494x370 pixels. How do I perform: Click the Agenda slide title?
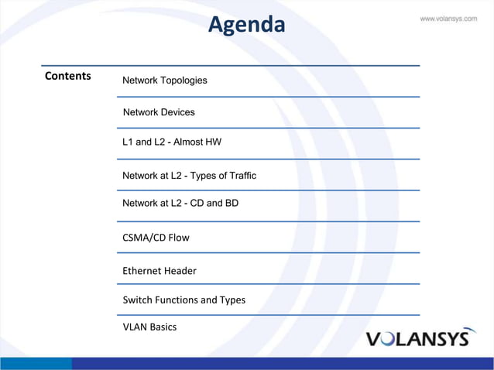click(246, 26)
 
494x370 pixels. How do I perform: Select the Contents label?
click(68, 76)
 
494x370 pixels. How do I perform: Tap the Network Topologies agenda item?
click(165, 81)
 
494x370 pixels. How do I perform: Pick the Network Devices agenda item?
click(159, 112)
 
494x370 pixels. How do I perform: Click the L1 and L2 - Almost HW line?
click(172, 142)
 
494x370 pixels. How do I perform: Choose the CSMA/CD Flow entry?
click(156, 238)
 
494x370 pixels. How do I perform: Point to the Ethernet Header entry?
click(160, 271)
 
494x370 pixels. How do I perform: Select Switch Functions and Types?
click(184, 300)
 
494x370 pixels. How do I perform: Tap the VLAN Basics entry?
click(149, 327)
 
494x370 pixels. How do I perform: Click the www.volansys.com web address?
click(448, 19)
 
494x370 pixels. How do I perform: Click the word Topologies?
click(183, 81)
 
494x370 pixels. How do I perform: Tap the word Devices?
click(177, 112)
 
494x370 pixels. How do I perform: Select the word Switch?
click(136, 300)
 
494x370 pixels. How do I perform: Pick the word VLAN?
click(135, 327)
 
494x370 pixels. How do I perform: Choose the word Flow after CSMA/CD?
click(178, 238)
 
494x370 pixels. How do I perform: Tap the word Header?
click(181, 271)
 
